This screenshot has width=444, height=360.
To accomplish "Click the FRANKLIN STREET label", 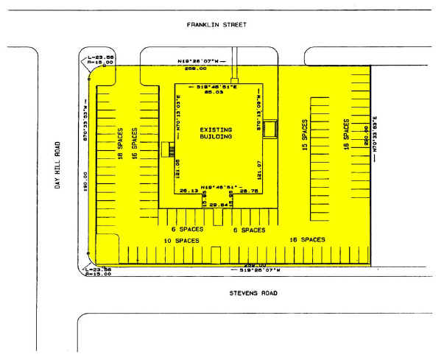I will (x=216, y=24).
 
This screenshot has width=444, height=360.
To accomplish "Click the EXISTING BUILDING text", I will (x=216, y=133).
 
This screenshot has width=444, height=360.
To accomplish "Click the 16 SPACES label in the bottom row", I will (x=308, y=240).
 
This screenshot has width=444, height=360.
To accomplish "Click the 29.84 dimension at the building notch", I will (x=218, y=204).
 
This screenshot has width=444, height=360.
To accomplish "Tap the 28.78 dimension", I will (x=249, y=191).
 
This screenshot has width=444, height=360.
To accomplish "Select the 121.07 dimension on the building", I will (x=259, y=170).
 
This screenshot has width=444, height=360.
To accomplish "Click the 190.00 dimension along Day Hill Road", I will (x=87, y=181).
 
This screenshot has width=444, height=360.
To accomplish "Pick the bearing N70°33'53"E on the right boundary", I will (x=375, y=133).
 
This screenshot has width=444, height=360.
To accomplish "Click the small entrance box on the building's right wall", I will (x=270, y=129).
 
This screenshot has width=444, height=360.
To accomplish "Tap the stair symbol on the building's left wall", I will (x=168, y=149).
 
